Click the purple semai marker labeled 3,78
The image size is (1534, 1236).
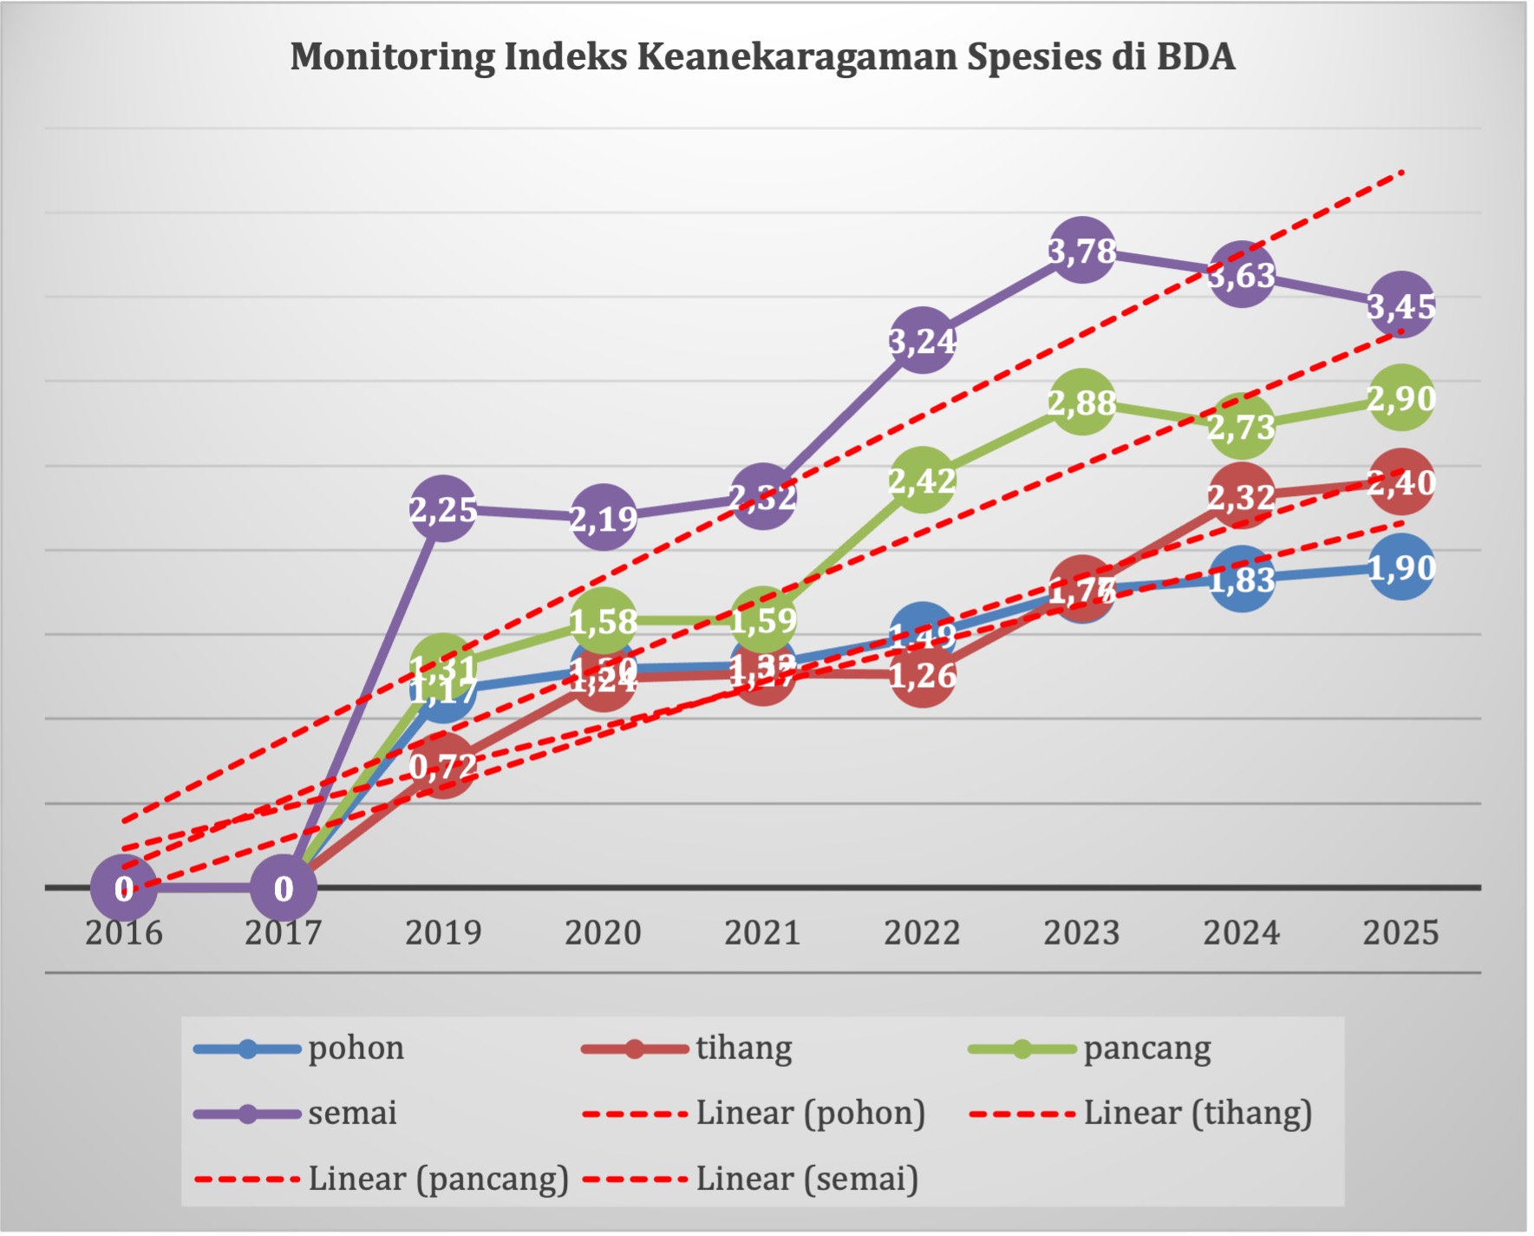pos(1081,251)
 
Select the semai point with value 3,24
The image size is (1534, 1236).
pos(922,340)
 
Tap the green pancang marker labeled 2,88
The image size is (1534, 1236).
pos(1081,402)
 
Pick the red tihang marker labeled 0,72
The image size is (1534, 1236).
pos(443,766)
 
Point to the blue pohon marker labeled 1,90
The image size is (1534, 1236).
pos(1400,568)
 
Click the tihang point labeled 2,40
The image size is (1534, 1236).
pos(1400,482)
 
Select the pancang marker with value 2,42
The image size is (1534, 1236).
pos(922,480)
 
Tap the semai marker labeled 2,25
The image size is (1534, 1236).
pos(443,509)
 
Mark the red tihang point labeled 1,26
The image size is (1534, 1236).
pos(922,675)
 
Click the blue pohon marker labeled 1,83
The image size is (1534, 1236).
pos(1241,579)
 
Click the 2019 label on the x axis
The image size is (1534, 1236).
pos(443,933)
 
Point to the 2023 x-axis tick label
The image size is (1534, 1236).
pos(1081,933)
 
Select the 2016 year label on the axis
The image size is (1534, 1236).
pos(124,933)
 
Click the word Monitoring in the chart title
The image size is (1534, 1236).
pos(392,56)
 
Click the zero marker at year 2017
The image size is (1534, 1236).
pos(284,888)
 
